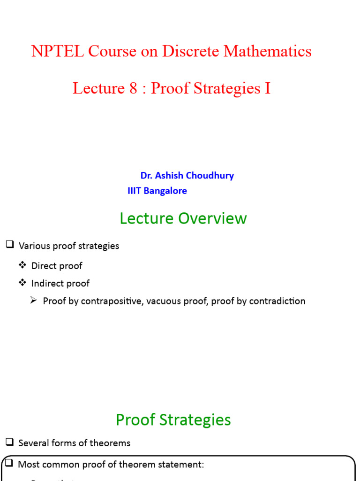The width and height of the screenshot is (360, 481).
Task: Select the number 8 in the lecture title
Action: click(134, 88)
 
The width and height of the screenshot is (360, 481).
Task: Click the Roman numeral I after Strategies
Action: click(268, 88)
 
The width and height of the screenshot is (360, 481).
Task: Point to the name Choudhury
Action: click(210, 176)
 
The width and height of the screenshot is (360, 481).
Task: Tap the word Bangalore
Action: click(166, 191)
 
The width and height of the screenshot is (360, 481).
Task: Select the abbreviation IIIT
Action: click(135, 191)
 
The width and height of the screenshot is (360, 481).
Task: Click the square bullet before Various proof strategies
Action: click(10, 245)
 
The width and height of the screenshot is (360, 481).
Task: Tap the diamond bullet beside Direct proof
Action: click(22, 265)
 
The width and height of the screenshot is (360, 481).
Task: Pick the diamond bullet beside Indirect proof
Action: click(22, 283)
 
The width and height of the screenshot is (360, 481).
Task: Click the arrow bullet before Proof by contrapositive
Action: click(34, 301)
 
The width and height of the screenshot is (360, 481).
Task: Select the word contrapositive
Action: click(112, 301)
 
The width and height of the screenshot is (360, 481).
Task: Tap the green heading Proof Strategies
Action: click(173, 419)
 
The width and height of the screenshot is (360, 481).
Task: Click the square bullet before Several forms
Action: click(10, 442)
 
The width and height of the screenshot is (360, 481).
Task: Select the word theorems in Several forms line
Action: click(112, 443)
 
